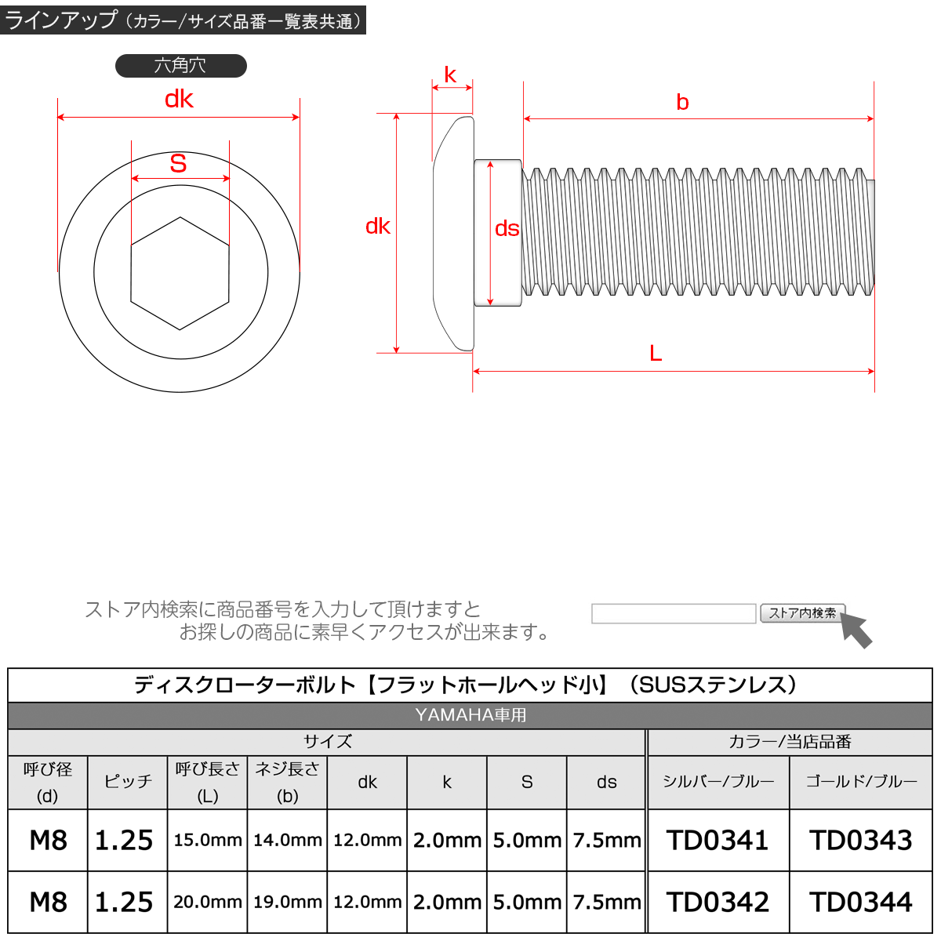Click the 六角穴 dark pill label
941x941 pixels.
(x=180, y=65)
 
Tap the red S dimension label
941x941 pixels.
(x=178, y=163)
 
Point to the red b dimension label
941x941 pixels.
(x=682, y=102)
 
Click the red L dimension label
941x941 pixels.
(x=656, y=353)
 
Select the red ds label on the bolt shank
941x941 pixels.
(x=507, y=228)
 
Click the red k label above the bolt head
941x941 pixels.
(x=450, y=74)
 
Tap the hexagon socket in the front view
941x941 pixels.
(x=180, y=273)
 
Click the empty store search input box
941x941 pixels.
(x=674, y=613)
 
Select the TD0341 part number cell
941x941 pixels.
(x=718, y=840)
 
